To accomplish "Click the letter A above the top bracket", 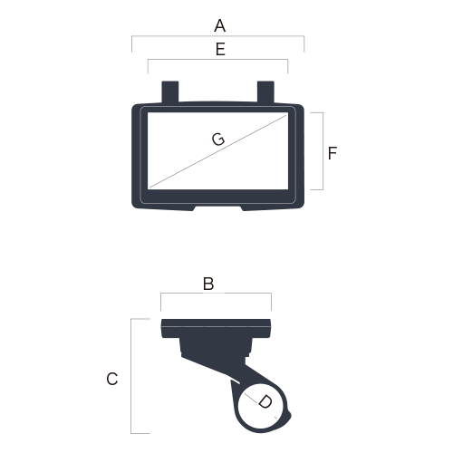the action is click(x=220, y=25).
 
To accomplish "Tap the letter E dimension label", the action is click(x=220, y=49).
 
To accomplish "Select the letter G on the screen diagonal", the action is click(x=218, y=140).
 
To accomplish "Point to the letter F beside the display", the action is click(x=333, y=153).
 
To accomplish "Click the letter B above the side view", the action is click(x=208, y=284).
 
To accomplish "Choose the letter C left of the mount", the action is click(x=112, y=379).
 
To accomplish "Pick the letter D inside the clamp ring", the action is click(x=265, y=402).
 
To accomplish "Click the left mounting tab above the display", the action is click(x=170, y=92).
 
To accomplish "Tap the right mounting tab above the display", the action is click(x=265, y=92).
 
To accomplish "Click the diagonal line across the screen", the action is click(x=217, y=151).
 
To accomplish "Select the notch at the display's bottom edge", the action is click(x=217, y=208).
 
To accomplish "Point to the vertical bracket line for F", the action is click(x=323, y=151).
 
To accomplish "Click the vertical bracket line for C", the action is click(x=130, y=376).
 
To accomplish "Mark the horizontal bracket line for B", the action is click(x=216, y=293).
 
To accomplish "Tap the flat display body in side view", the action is click(x=216, y=328).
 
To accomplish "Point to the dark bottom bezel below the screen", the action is click(x=217, y=197).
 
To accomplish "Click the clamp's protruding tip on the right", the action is click(x=288, y=418).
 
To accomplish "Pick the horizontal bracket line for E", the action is click(x=217, y=60).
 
